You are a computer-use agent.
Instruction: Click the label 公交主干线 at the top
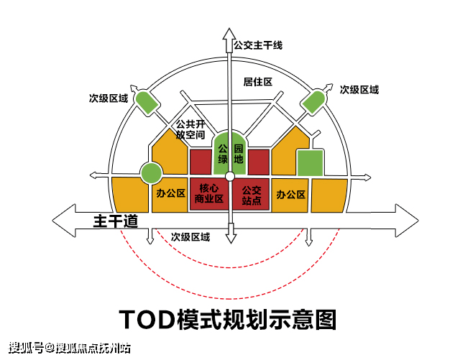tap(258, 45)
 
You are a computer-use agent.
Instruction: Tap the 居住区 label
tap(257, 82)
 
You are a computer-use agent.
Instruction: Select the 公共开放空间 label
tap(190, 129)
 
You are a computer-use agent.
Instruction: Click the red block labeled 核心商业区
tap(209, 194)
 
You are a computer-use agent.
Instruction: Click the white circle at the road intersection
tap(230, 176)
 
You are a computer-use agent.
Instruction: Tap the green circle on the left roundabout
tap(151, 173)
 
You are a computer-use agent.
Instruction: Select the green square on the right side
tap(310, 162)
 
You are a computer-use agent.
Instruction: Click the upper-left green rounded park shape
tap(146, 102)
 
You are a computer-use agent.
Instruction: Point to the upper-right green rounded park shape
tap(313, 102)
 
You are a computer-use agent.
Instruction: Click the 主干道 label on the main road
tap(116, 221)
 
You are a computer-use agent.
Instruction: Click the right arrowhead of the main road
tap(407, 221)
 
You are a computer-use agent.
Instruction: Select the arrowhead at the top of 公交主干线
tap(229, 36)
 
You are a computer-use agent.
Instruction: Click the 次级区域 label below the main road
tap(190, 237)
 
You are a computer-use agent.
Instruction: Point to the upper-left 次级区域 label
tap(109, 98)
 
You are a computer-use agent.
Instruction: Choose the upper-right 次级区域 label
tap(359, 90)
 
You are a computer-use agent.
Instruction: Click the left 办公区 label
tap(170, 193)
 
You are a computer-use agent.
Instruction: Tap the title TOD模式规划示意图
tap(228, 319)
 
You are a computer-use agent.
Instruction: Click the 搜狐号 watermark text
tap(26, 348)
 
